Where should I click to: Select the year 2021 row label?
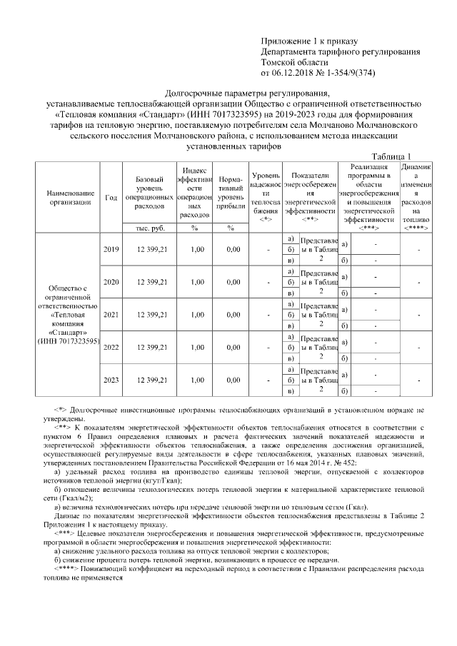(111, 314)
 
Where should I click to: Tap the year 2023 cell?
(111, 380)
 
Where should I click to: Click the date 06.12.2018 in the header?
(297, 72)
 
